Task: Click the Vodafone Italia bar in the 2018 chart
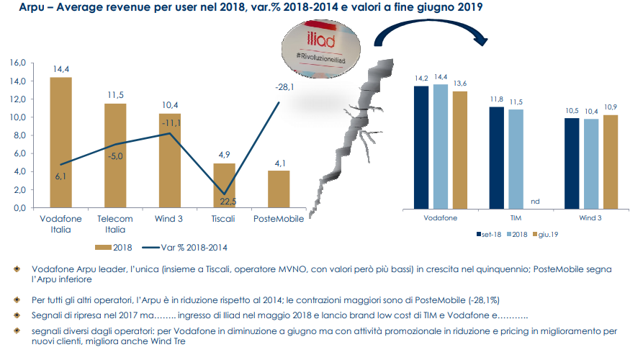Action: click(60, 143)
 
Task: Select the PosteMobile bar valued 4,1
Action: click(279, 189)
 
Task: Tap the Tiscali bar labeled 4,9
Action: click(225, 185)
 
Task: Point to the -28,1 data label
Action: click(284, 87)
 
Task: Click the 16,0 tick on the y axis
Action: click(17, 63)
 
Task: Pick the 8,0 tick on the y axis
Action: click(19, 135)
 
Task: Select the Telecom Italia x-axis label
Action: click(114, 224)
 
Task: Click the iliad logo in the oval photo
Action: click(321, 40)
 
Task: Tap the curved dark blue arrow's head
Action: click(480, 40)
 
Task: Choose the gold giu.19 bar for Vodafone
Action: click(460, 150)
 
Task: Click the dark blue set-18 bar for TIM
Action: click(497, 158)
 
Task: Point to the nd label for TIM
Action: click(535, 202)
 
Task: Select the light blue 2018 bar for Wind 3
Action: click(591, 164)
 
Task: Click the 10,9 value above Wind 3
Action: click(611, 107)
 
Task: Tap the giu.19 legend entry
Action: click(545, 235)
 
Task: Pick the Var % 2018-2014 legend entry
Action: click(184, 248)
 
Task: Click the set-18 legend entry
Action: click(489, 235)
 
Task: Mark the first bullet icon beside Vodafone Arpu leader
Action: click(17, 269)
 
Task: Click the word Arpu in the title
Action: click(32, 7)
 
